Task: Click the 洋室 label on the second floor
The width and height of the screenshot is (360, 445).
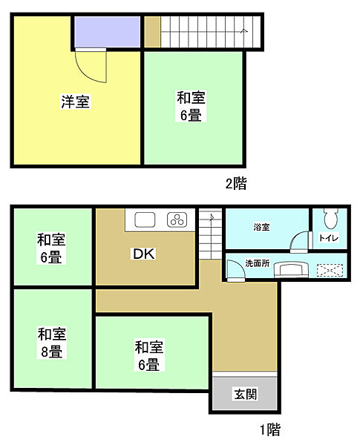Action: click(x=76, y=102)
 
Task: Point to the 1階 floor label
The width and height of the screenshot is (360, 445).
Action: click(x=269, y=428)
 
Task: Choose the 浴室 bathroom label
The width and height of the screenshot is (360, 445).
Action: click(x=261, y=226)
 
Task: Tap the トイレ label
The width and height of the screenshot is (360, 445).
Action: click(x=328, y=238)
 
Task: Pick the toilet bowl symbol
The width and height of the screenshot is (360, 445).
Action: click(x=330, y=217)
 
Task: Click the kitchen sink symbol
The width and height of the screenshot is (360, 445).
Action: click(x=145, y=220)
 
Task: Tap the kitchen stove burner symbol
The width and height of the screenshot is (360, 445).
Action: click(x=178, y=220)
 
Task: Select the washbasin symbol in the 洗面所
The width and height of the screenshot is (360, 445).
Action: click(x=290, y=268)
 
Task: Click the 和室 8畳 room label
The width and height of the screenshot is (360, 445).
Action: click(x=50, y=343)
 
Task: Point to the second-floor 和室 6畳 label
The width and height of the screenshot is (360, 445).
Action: click(x=192, y=106)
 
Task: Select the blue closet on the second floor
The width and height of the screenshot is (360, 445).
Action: click(x=108, y=32)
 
